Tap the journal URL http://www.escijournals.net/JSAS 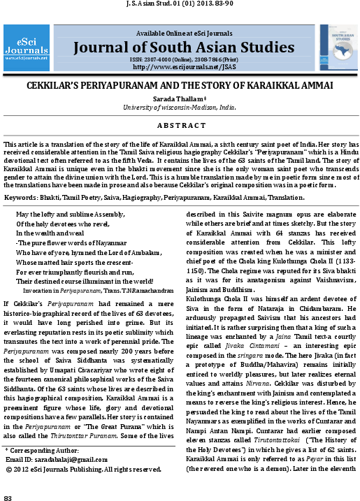tap(181, 67)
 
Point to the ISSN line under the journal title tap(181, 60)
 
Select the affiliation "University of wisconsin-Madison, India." tap(180, 107)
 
